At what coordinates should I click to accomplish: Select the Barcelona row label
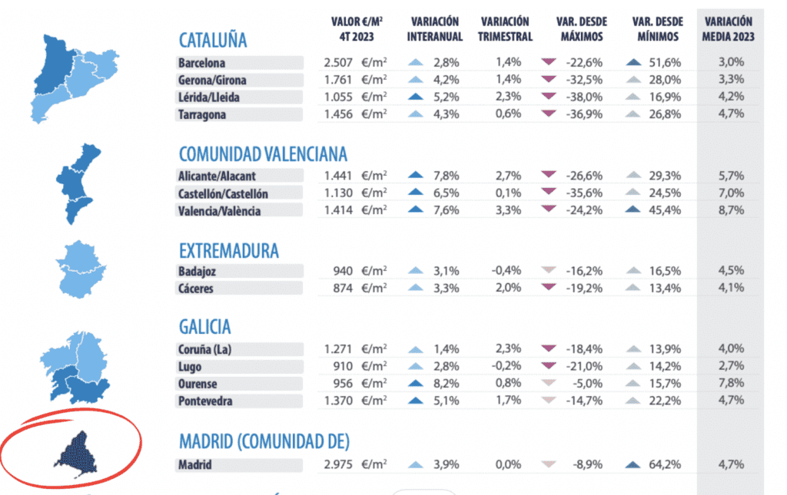coord(201,63)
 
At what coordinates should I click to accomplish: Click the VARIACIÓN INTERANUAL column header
coord(434,29)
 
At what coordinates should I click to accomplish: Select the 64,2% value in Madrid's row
coord(666,464)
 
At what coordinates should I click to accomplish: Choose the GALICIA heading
coord(204,327)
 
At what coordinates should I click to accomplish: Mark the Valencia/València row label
coord(219,211)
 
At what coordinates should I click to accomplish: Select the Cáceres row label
coord(196,289)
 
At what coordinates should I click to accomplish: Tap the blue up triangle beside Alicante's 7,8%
coord(415,175)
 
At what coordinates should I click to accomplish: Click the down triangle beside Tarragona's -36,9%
coord(548,114)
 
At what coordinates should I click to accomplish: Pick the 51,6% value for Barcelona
coord(666,63)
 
